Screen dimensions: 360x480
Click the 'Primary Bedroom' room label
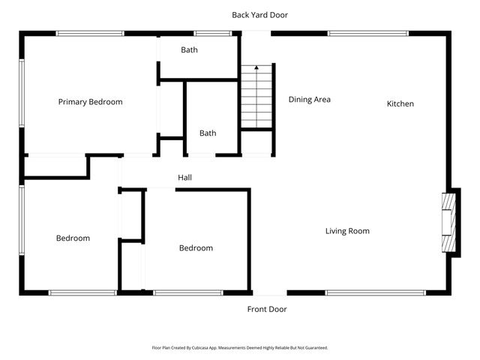point(90,102)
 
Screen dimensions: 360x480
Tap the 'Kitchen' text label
point(400,103)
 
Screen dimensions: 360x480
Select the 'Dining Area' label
point(310,99)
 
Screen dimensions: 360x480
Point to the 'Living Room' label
point(346,231)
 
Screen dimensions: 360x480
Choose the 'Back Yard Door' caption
point(259,14)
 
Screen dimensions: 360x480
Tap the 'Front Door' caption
point(267,309)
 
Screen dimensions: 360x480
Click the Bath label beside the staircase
point(208,133)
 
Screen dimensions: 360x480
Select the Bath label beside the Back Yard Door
point(189,50)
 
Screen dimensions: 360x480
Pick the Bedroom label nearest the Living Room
point(196,248)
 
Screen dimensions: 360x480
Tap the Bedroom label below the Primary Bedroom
point(73,238)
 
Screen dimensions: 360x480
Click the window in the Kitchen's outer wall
point(367,33)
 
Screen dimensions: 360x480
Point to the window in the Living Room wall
point(367,292)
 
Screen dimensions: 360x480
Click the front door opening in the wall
point(268,292)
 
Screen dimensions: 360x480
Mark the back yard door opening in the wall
point(255,33)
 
